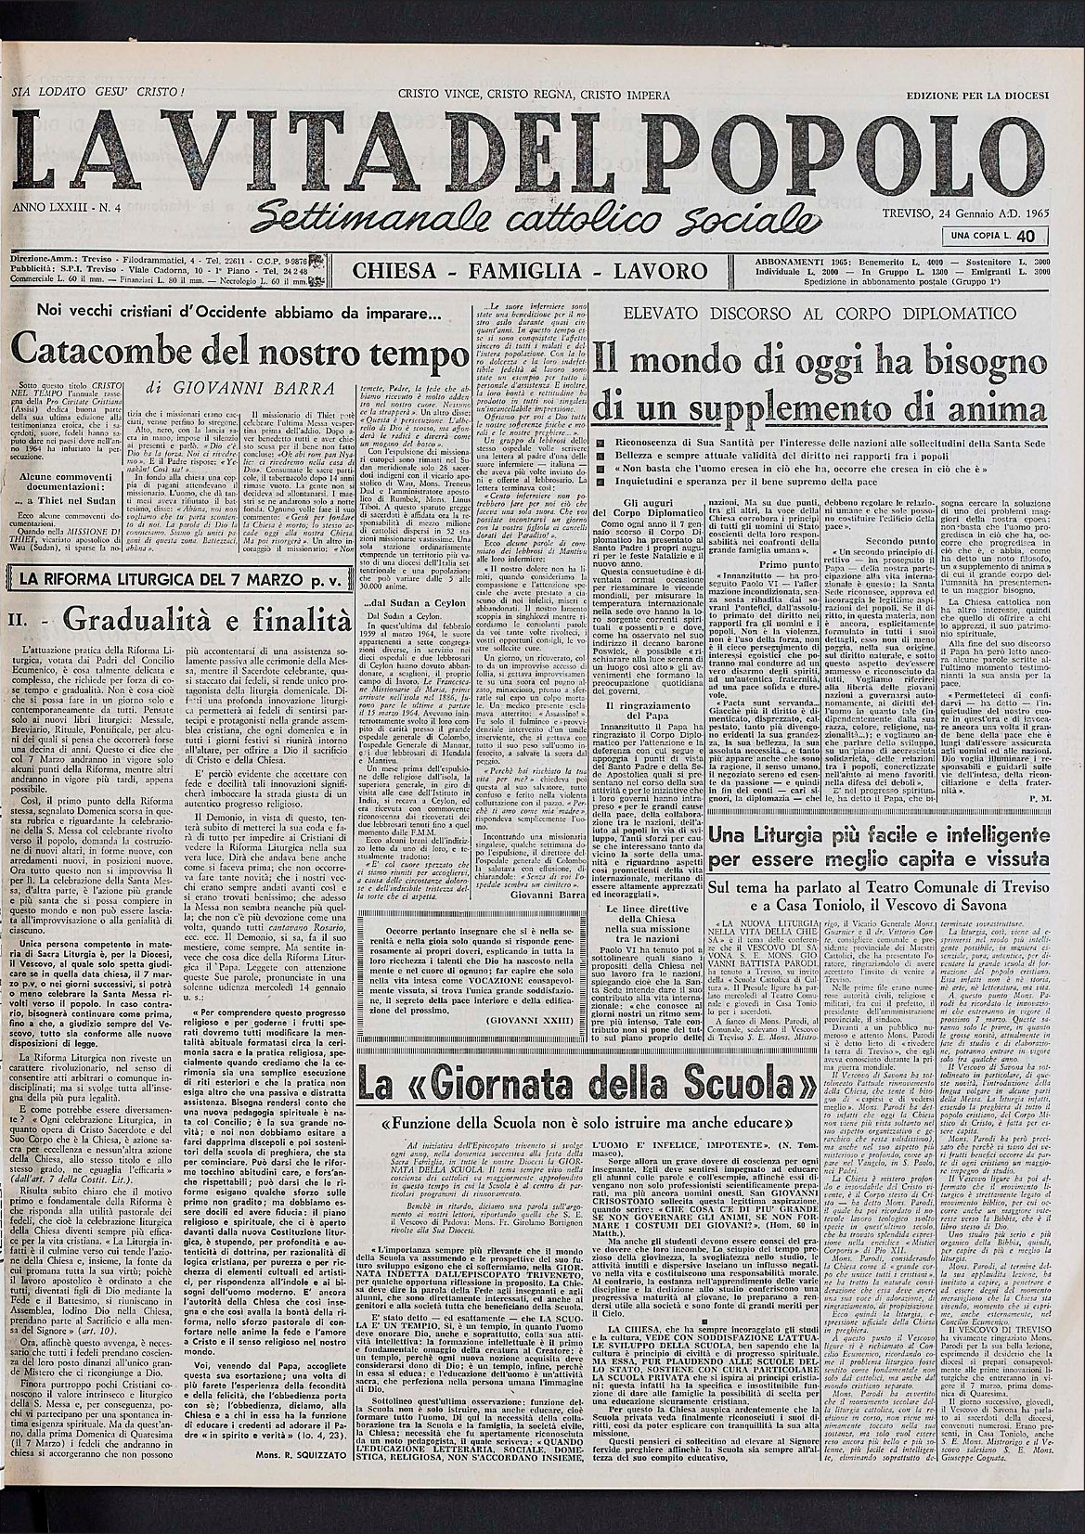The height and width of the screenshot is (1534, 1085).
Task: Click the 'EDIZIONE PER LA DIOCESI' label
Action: click(977, 95)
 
